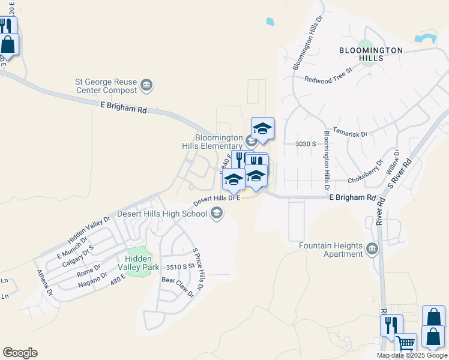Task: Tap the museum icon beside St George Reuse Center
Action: (x=146, y=86)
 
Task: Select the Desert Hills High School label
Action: (x=162, y=213)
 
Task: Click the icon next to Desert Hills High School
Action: (x=216, y=213)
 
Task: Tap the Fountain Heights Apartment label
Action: (x=331, y=250)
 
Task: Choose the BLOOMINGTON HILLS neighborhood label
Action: (x=370, y=54)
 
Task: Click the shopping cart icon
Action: (x=406, y=344)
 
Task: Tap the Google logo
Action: (x=20, y=353)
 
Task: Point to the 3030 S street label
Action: (x=306, y=144)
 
